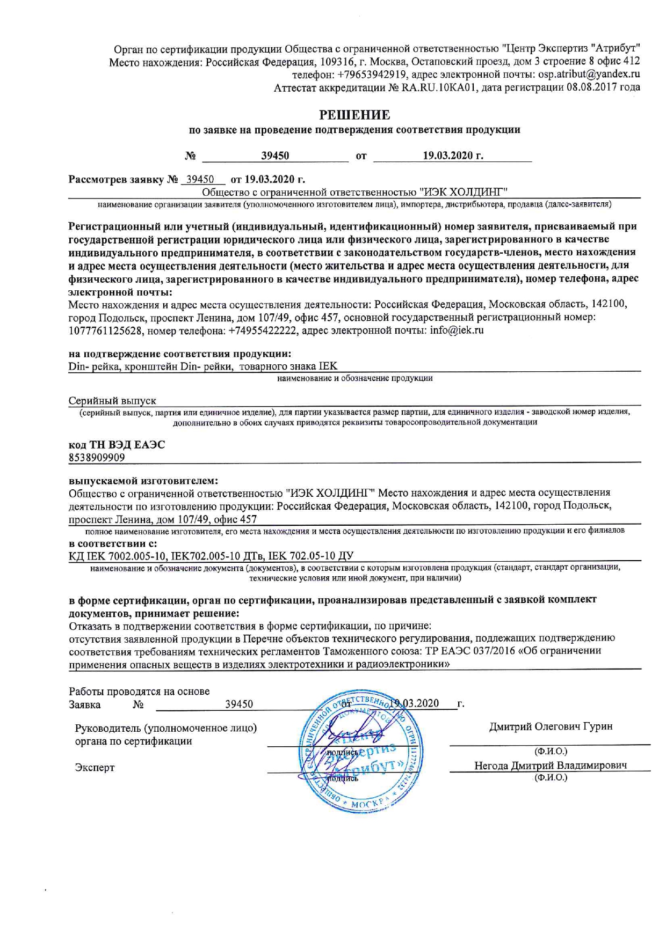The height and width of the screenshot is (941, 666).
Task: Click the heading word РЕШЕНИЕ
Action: pos(354,115)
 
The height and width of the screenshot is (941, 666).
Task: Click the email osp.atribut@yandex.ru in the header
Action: pos(589,75)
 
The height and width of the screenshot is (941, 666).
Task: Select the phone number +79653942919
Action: pos(372,75)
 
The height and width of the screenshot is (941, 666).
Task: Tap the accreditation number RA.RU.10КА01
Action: pos(439,87)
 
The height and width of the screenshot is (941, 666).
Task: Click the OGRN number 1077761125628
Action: pos(106,330)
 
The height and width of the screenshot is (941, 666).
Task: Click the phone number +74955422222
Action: pos(263,330)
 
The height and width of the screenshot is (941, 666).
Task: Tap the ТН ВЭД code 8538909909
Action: pos(97,457)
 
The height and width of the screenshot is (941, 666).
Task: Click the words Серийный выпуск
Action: pos(112,401)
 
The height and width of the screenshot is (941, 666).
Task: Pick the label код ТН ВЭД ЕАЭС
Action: pos(117,445)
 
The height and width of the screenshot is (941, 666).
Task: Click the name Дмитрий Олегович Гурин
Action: pos(551,726)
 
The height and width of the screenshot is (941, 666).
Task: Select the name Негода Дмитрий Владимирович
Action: pos(550,766)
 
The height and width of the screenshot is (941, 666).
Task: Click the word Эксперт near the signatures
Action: pos(95,767)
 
